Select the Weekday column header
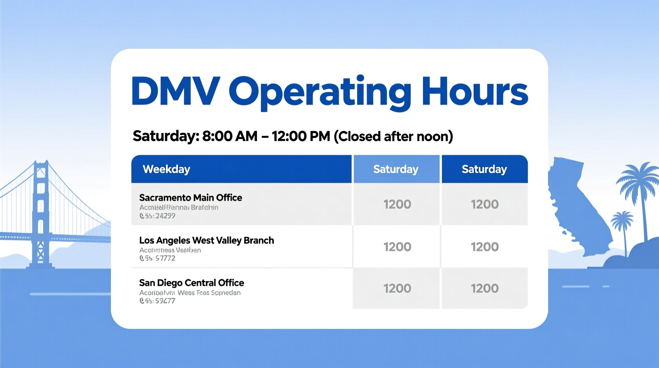pyautogui.click(x=166, y=169)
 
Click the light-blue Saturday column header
pyautogui.click(x=396, y=169)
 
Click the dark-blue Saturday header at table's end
pyautogui.click(x=484, y=169)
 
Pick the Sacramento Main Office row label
pyautogui.click(x=190, y=197)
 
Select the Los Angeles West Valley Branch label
pyautogui.click(x=206, y=240)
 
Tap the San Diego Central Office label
pyautogui.click(x=191, y=283)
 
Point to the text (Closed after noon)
pyautogui.click(x=393, y=136)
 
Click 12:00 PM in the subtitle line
pyautogui.click(x=301, y=136)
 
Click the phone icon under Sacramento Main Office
pyautogui.click(x=142, y=216)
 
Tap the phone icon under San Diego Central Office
pyautogui.click(x=142, y=301)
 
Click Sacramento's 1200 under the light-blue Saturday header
pyautogui.click(x=397, y=204)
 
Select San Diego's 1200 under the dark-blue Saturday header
pyautogui.click(x=484, y=288)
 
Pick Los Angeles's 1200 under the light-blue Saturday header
pyautogui.click(x=397, y=247)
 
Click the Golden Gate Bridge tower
pyautogui.click(x=41, y=214)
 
